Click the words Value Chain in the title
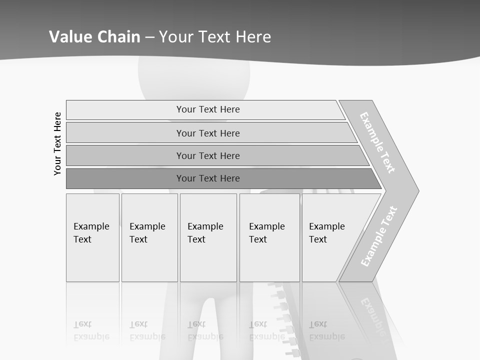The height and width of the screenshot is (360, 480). [x=94, y=37]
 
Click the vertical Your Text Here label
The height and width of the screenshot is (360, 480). [x=57, y=143]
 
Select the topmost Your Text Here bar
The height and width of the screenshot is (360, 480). [x=208, y=109]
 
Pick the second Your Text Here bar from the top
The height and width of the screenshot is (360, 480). [x=208, y=133]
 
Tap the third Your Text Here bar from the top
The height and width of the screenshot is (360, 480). [x=208, y=155]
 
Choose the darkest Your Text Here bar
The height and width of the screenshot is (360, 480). [x=208, y=178]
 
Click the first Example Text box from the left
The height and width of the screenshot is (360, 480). [x=92, y=237]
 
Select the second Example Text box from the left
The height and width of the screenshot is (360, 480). [x=149, y=237]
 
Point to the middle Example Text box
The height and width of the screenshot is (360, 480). [x=208, y=237]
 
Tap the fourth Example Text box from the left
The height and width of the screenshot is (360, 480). [x=269, y=237]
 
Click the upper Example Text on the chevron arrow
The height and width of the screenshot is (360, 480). [x=377, y=142]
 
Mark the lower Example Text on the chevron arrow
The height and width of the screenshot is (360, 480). [x=379, y=236]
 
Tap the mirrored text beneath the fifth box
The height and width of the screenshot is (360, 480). [x=327, y=330]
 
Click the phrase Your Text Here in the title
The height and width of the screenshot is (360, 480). [x=215, y=37]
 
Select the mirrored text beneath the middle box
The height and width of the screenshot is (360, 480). [x=205, y=330]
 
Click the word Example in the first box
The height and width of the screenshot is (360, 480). [x=91, y=226]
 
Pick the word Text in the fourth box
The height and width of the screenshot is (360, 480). [x=258, y=239]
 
